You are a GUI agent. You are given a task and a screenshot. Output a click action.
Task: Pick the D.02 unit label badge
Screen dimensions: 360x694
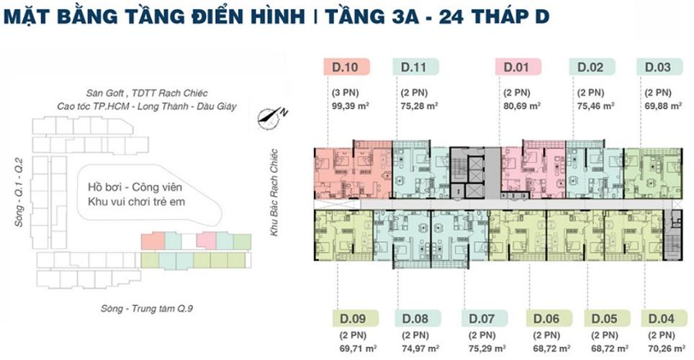(592, 67)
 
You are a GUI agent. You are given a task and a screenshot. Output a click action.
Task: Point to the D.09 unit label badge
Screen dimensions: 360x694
(353, 318)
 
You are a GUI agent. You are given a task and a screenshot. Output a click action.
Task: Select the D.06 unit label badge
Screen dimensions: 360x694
(549, 318)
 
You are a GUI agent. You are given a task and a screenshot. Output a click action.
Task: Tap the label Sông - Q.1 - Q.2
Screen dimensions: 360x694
(19, 192)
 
